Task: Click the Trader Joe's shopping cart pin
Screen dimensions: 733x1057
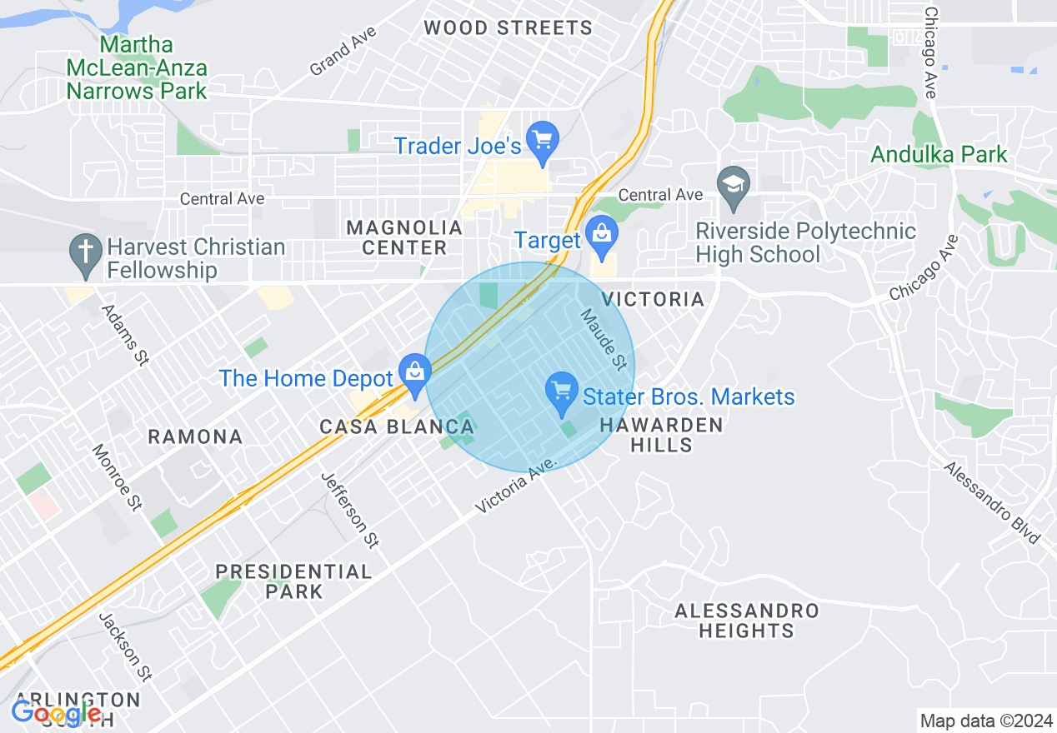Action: pos(543,142)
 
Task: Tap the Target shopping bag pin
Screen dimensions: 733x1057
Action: pos(600,236)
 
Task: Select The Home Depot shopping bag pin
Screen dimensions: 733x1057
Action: pos(414,374)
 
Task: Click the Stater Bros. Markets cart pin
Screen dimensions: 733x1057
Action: pos(562,392)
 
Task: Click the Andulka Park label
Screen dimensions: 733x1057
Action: pos(939,154)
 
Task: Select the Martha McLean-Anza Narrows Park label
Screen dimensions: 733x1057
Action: pos(137,67)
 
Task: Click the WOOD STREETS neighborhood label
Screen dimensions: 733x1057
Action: pos(508,27)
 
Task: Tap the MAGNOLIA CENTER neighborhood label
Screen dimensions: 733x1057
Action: pos(404,237)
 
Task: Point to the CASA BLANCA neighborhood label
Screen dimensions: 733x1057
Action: pos(397,427)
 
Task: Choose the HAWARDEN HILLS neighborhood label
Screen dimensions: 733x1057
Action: pos(662,435)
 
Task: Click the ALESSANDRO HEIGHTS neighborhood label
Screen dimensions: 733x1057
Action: pos(746,621)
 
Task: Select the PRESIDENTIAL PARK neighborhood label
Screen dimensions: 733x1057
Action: pos(293,581)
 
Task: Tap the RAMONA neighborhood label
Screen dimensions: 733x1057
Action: pos(195,436)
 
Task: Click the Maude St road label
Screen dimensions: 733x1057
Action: pos(604,339)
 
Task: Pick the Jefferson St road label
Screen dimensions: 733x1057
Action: pos(350,510)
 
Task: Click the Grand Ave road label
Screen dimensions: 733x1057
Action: pos(343,51)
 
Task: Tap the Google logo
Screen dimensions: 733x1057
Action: pos(57,714)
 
